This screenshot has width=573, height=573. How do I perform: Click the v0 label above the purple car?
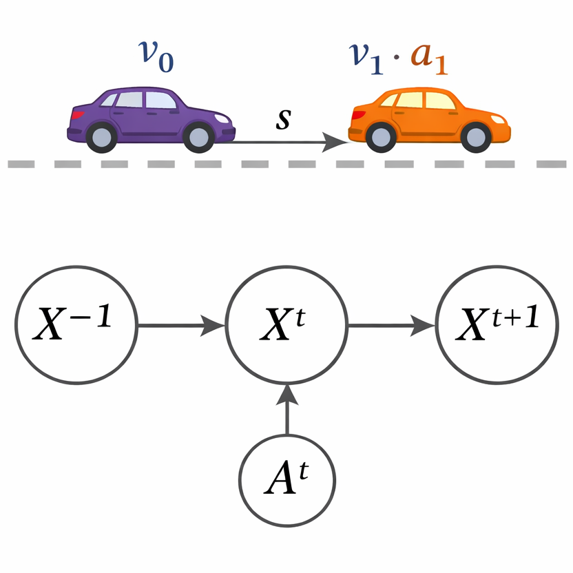(x=157, y=56)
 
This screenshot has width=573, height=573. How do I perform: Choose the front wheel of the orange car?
(x=475, y=137)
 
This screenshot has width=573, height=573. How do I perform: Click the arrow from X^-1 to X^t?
(x=182, y=326)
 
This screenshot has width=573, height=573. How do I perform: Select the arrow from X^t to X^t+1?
(x=392, y=326)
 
